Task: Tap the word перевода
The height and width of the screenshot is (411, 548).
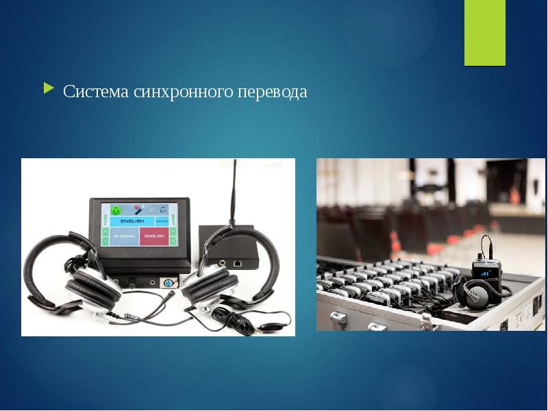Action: pyautogui.click(x=272, y=91)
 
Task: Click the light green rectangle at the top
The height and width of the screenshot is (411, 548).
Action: pyautogui.click(x=485, y=32)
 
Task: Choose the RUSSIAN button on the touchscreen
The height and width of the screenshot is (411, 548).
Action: pyautogui.click(x=123, y=237)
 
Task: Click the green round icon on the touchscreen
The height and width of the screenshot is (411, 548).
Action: pyautogui.click(x=116, y=209)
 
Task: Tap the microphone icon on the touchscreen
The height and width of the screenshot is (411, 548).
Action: pyautogui.click(x=138, y=209)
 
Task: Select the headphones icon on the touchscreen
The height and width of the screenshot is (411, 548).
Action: pyautogui.click(x=162, y=209)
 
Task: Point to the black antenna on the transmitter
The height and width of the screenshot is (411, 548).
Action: pyautogui.click(x=235, y=192)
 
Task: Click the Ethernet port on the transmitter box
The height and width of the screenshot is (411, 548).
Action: pyautogui.click(x=236, y=262)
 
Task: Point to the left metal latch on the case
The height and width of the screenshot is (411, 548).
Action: pyautogui.click(x=337, y=318)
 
